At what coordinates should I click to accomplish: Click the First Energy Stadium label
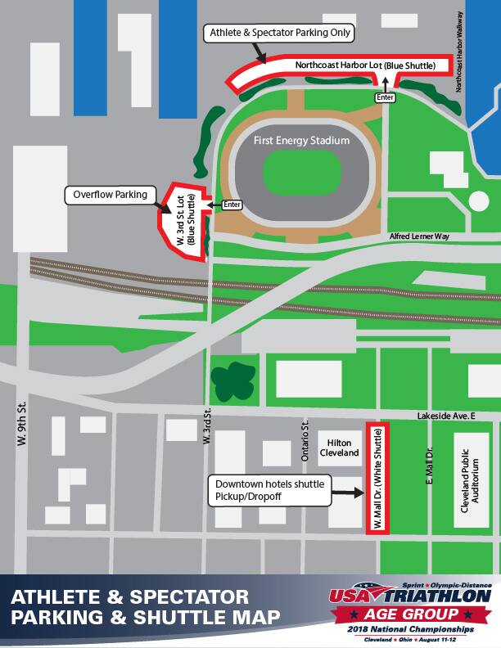point(302,141)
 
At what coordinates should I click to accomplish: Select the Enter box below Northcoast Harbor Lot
point(386,97)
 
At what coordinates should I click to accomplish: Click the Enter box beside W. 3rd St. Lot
point(232,205)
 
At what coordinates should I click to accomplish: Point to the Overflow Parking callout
point(111,196)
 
